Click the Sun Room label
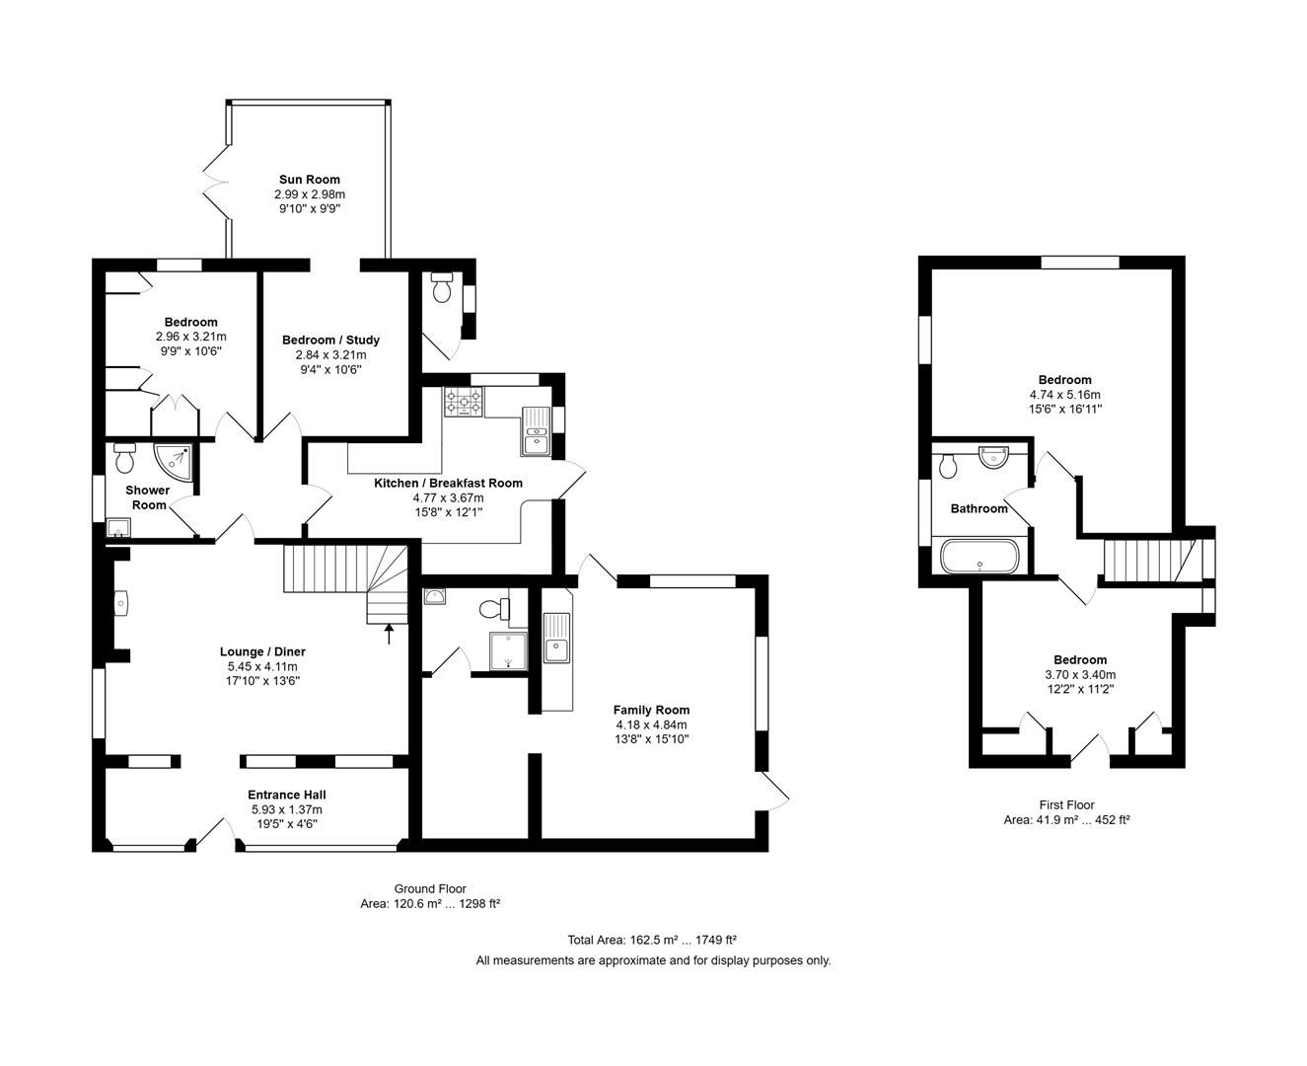tap(309, 180)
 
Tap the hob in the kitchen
tap(465, 402)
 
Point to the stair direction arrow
tap(389, 633)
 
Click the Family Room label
tap(651, 710)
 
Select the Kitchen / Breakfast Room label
tap(448, 483)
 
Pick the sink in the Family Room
tap(556, 638)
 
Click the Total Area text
tap(652, 940)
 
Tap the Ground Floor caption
tap(430, 888)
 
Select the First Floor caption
tap(1066, 804)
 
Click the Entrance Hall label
tap(286, 795)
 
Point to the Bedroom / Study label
tap(330, 340)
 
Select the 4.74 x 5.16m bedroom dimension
tap(1064, 394)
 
